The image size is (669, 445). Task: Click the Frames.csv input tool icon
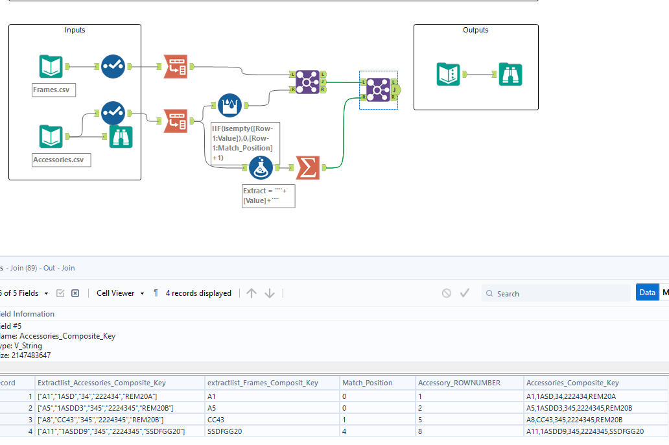51,66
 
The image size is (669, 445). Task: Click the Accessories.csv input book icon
51,137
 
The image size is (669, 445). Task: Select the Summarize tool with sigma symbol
308,168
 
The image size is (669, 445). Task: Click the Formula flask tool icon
261,168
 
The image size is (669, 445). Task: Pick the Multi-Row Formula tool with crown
229,105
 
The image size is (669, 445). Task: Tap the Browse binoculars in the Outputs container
510,75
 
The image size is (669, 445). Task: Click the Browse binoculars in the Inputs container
121,137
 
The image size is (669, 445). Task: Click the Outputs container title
475,30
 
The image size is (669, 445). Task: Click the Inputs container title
75,30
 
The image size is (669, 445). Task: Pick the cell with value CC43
217,420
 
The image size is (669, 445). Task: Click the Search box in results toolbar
557,294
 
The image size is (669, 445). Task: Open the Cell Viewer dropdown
120,293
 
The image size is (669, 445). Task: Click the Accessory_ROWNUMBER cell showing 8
421,431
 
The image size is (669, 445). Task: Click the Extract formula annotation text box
268,196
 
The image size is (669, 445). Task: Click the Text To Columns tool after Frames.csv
175,66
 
